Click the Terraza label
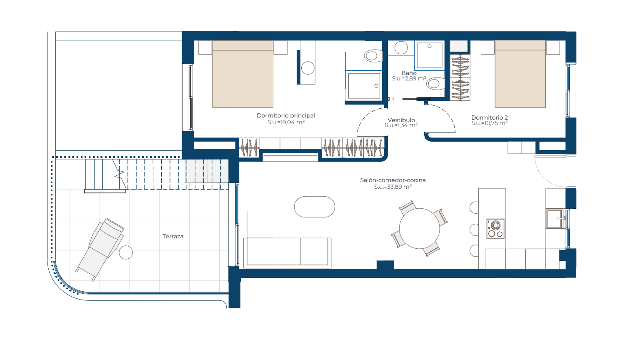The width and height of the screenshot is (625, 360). (x=173, y=236)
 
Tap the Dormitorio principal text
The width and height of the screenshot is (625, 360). (x=286, y=115)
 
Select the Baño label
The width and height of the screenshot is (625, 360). (x=409, y=73)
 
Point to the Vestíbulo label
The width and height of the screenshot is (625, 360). (x=401, y=120)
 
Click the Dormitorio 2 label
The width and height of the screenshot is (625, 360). (x=490, y=117)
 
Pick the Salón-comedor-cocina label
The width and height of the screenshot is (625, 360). (x=393, y=180)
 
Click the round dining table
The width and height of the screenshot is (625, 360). (x=419, y=229)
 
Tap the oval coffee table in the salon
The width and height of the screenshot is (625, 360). (x=315, y=207)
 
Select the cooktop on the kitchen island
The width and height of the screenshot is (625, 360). (x=495, y=229)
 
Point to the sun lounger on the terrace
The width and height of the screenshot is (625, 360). (x=100, y=249)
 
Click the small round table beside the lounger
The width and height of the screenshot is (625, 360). (x=126, y=252)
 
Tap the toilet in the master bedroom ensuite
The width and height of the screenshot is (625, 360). (x=373, y=56)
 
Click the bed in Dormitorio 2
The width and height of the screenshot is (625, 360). (x=520, y=74)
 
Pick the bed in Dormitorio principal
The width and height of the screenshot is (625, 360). (x=243, y=74)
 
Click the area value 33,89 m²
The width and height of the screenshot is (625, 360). (x=393, y=187)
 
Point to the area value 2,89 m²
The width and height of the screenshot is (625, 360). (x=409, y=79)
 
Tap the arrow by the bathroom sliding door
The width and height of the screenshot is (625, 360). (x=396, y=99)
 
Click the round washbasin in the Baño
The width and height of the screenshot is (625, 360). (x=401, y=48)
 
